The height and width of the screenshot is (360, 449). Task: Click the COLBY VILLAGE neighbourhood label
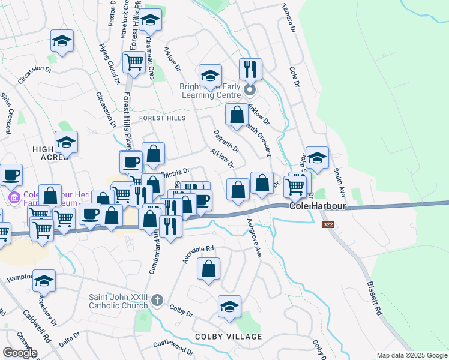tap(228, 336)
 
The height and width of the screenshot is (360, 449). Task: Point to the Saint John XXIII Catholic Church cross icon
tap(157, 299)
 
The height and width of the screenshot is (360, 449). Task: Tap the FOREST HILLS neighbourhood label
tap(163, 118)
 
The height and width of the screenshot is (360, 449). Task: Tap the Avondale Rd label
tap(199, 255)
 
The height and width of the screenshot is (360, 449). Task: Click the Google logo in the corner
tap(20, 352)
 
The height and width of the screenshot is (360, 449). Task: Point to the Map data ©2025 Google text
tap(412, 356)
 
